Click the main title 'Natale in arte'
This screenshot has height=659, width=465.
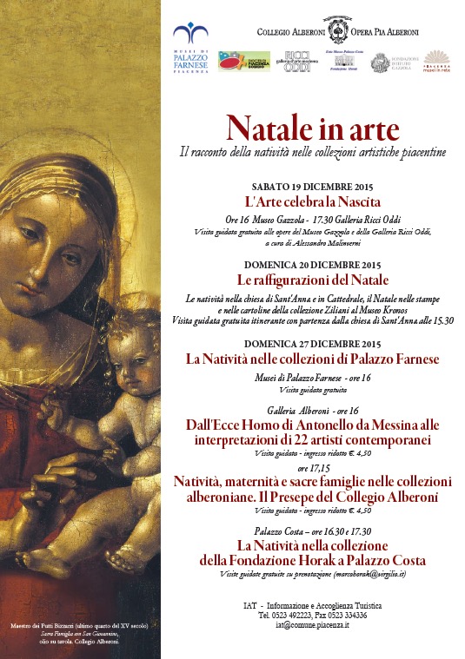point(312,129)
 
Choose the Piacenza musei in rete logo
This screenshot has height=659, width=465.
point(436,62)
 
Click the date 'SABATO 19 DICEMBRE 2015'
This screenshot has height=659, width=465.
point(312,187)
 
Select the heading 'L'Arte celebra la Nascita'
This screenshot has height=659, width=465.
point(312,201)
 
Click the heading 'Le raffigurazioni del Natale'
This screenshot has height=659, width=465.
point(312,280)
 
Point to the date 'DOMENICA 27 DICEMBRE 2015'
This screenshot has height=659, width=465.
point(312,344)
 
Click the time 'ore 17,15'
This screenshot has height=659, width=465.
point(312,468)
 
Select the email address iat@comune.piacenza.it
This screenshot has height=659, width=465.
point(312,624)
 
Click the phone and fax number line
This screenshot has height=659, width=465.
point(312,615)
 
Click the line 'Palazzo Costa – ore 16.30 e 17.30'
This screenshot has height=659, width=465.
point(312,530)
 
